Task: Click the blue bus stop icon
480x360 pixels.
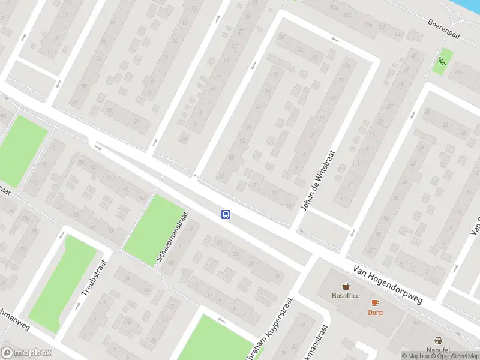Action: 226,214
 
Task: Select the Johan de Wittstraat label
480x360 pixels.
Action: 318,181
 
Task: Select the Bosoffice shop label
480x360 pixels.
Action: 346,295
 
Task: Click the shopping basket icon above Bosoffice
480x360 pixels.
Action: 346,286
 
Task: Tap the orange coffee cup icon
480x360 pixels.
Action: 376,302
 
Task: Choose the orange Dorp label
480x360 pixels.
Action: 376,312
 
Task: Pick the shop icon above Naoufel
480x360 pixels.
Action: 439,340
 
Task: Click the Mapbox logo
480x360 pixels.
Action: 26,353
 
